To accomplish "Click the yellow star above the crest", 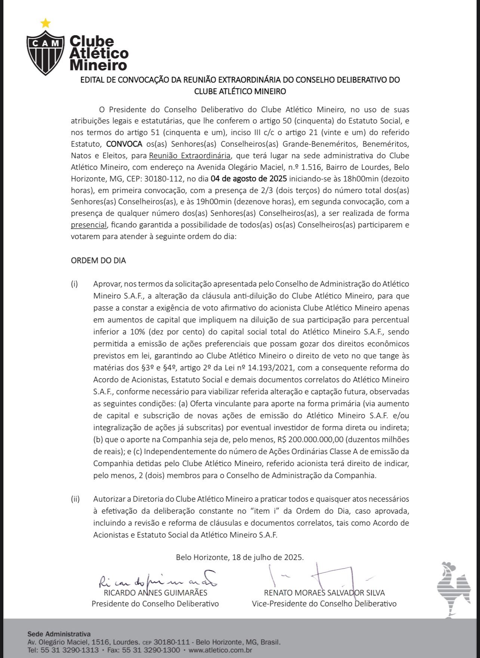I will click(45, 24).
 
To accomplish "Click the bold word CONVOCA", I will click(124, 144).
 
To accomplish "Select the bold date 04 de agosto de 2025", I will click(249, 178).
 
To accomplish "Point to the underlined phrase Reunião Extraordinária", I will click(190, 156).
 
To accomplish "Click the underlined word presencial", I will click(89, 225).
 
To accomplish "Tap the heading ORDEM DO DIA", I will click(98, 261).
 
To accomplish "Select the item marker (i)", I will click(74, 284).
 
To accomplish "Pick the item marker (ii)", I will click(75, 499).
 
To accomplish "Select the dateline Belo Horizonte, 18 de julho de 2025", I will click(240, 557).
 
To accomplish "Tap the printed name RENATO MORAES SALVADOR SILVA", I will click(324, 593).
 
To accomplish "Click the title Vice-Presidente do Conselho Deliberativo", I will click(324, 604).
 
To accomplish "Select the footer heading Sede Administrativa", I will click(59, 634).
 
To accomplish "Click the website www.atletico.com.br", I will click(220, 650).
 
